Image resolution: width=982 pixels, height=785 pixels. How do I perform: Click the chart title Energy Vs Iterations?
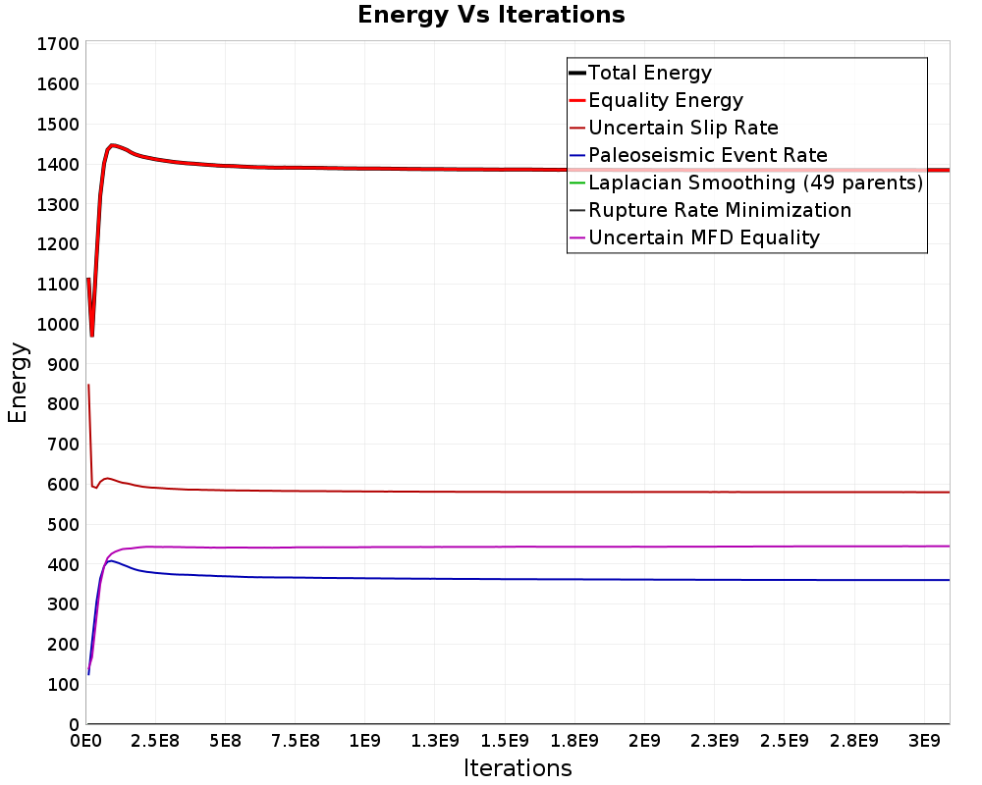click(x=491, y=15)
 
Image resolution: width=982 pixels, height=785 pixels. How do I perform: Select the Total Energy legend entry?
click(x=640, y=73)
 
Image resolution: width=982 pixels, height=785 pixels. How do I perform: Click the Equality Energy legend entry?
click(x=656, y=100)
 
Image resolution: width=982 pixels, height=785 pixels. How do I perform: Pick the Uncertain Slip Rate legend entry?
click(x=674, y=128)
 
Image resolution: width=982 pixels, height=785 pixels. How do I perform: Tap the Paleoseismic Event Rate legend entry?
click(x=697, y=155)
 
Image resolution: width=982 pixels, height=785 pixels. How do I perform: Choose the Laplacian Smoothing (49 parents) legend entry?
click(x=746, y=183)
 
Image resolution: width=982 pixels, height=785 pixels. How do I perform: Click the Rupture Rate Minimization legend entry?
click(x=710, y=210)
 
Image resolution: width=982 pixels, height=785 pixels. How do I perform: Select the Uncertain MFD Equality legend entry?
click(x=694, y=237)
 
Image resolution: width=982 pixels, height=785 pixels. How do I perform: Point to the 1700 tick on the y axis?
click(x=58, y=44)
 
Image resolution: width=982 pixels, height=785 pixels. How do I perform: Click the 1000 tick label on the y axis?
click(x=58, y=324)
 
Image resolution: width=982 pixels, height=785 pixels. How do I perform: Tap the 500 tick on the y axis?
click(x=63, y=525)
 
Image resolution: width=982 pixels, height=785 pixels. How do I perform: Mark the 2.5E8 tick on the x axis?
click(x=155, y=741)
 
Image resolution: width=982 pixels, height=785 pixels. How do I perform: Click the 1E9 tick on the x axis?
click(x=364, y=741)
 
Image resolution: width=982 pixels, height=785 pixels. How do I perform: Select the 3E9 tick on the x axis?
click(x=924, y=741)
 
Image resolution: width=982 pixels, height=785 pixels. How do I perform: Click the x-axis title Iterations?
click(x=518, y=767)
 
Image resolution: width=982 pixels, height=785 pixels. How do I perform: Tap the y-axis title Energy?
click(x=18, y=383)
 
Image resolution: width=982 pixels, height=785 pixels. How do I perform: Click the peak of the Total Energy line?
click(x=112, y=145)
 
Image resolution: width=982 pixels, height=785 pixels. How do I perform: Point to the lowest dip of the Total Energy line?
click(x=92, y=336)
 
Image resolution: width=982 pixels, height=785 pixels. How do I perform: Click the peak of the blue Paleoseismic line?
click(x=110, y=561)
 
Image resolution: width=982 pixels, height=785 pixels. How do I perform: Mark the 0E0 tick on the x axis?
click(x=85, y=741)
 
